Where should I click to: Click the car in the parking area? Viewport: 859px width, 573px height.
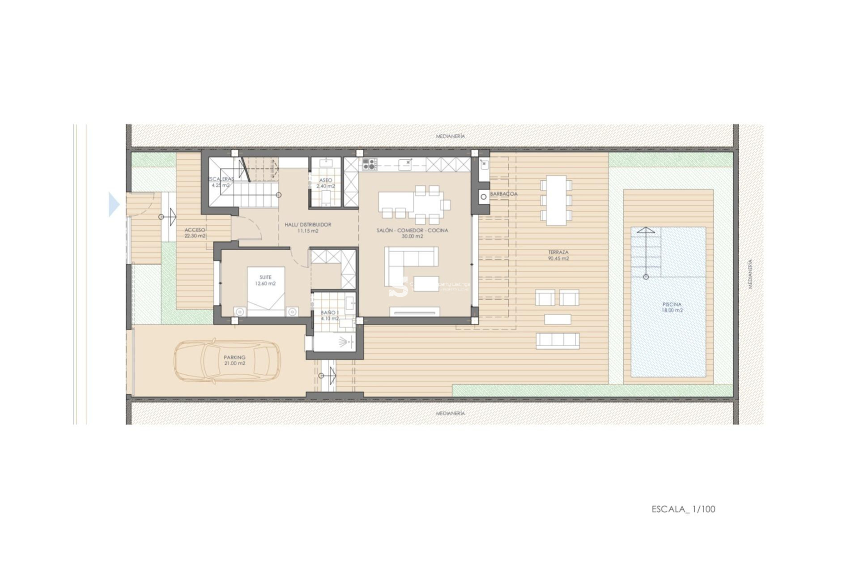227,361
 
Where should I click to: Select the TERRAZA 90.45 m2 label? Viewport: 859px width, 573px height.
558,255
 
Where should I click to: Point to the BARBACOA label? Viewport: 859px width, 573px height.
504,194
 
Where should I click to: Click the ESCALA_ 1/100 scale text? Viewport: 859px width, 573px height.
683,509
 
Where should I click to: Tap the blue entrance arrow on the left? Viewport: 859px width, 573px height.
114,205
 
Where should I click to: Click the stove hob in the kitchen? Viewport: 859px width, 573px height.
370,164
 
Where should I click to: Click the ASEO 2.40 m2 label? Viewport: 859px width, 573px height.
325,183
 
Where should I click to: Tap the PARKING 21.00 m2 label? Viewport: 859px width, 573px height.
234,360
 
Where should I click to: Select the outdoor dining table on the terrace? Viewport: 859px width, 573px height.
556,200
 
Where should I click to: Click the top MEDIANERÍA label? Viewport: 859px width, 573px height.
451,136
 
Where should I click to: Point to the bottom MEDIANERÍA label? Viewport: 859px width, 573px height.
451,413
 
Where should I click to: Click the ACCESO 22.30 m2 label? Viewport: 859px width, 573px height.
195,233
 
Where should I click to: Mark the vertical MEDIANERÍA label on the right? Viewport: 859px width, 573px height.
750,274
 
